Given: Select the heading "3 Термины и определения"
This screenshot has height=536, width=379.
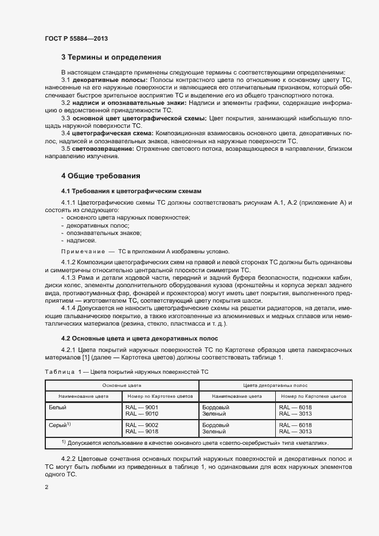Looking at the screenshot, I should click(x=111, y=57).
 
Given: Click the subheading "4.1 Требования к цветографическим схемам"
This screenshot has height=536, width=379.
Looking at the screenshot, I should click(x=131, y=190).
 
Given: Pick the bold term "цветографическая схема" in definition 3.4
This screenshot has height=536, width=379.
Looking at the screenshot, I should click(x=110, y=133).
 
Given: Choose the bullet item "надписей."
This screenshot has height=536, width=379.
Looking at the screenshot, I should click(x=83, y=241).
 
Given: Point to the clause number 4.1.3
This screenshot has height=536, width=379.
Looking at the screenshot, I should click(x=70, y=277).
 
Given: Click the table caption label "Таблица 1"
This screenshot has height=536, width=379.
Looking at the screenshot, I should click(x=63, y=372).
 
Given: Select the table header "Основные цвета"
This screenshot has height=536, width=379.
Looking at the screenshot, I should click(x=122, y=386).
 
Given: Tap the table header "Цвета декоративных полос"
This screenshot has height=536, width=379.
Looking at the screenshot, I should click(x=275, y=386).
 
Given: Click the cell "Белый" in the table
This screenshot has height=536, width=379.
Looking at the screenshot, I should click(x=57, y=407).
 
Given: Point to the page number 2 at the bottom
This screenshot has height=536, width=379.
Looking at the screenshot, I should click(x=46, y=487).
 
